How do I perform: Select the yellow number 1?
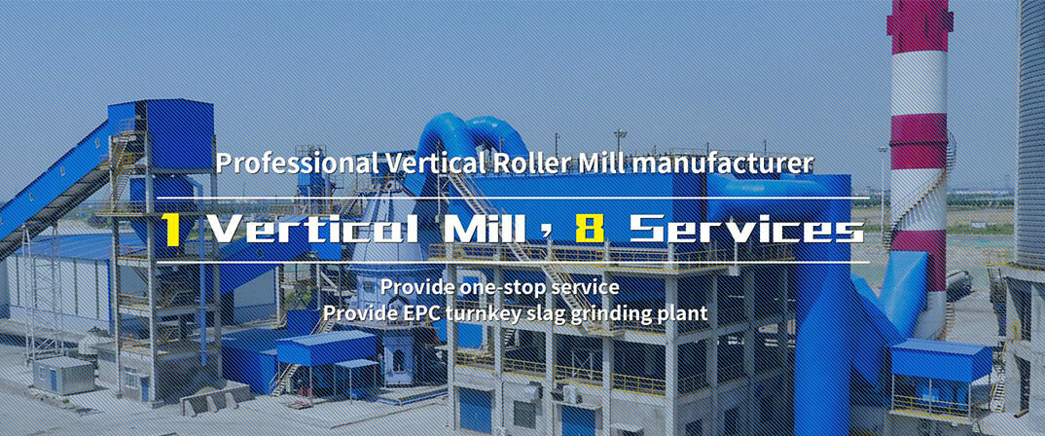tap(172, 230)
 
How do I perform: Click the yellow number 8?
tap(590, 229)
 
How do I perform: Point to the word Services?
tap(746, 229)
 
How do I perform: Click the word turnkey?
tap(462, 313)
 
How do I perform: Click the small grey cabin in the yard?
tap(63, 376)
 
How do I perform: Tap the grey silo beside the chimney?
tap(1031, 133)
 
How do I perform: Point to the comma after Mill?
tap(552, 235)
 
